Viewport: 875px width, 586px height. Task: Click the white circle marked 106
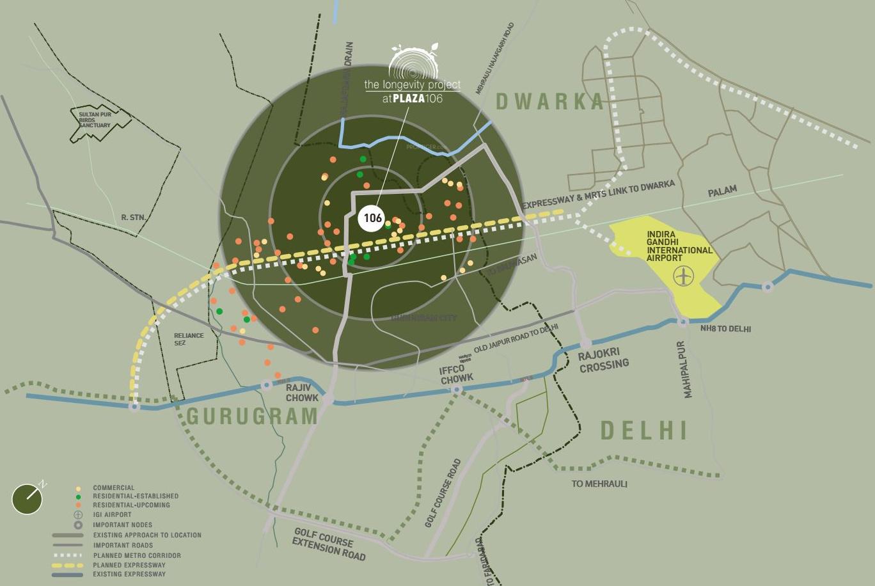pyautogui.click(x=372, y=218)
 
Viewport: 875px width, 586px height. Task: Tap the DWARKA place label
pyautogui.click(x=549, y=101)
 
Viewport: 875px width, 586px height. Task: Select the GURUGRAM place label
pyautogui.click(x=252, y=416)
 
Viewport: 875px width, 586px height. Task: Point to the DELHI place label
pyautogui.click(x=643, y=431)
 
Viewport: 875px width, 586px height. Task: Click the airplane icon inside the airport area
pyautogui.click(x=684, y=276)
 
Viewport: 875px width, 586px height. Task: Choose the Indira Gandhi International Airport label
pyautogui.click(x=678, y=246)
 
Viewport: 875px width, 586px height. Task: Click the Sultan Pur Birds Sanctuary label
pyautogui.click(x=95, y=120)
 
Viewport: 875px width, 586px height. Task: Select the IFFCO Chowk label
pyautogui.click(x=456, y=374)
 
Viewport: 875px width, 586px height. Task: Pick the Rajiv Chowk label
pyautogui.click(x=302, y=393)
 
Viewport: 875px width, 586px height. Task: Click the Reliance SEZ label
pyautogui.click(x=189, y=339)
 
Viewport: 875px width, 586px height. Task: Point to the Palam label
pyautogui.click(x=722, y=191)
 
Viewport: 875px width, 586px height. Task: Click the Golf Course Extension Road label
pyautogui.click(x=329, y=544)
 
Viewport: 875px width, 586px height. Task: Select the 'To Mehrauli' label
pyautogui.click(x=599, y=484)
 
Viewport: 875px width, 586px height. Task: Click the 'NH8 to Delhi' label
pyautogui.click(x=725, y=329)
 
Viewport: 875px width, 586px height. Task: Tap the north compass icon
pyautogui.click(x=28, y=498)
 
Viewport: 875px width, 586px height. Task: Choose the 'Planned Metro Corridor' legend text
pyautogui.click(x=137, y=556)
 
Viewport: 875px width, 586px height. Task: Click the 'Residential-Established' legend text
pyautogui.click(x=136, y=496)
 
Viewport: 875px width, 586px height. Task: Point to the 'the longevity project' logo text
pyautogui.click(x=412, y=84)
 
